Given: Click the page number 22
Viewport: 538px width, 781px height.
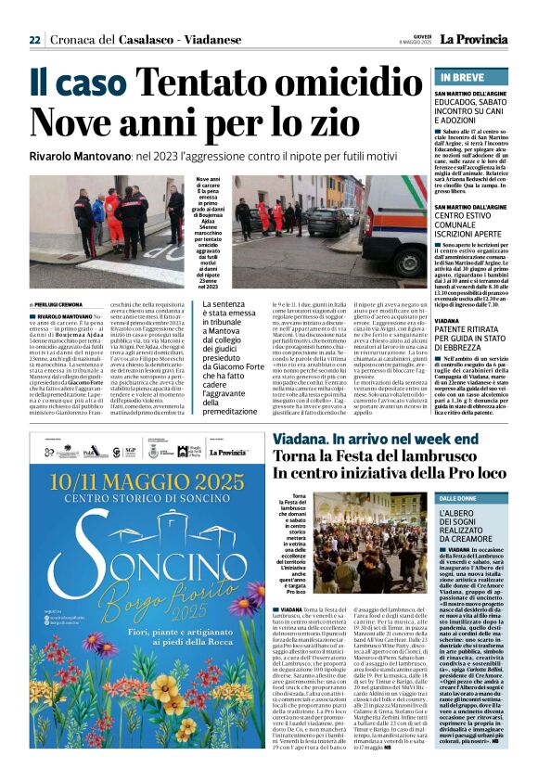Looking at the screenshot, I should tap(34, 40).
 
